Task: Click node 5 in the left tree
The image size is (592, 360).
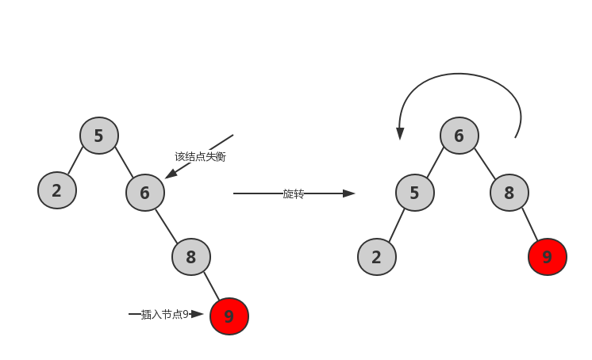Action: pos(99,136)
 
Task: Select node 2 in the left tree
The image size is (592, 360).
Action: pos(56,190)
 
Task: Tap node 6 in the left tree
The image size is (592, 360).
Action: pos(144,192)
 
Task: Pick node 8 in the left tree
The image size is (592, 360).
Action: pos(190,256)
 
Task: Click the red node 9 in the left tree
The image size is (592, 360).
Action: pos(229,316)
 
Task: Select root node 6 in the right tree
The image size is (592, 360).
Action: pos(459,136)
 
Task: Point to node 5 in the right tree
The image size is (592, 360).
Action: pos(414,193)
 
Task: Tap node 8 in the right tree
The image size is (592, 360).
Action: pos(509,192)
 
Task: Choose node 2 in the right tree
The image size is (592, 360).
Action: pos(376,257)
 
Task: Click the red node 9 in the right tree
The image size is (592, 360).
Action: pos(547,257)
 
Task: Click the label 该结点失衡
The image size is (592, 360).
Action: pos(200,156)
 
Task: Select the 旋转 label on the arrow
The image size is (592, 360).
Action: pos(293,193)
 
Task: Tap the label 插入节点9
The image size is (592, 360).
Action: pos(165,314)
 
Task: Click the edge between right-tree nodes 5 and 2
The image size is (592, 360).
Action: pos(395,225)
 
